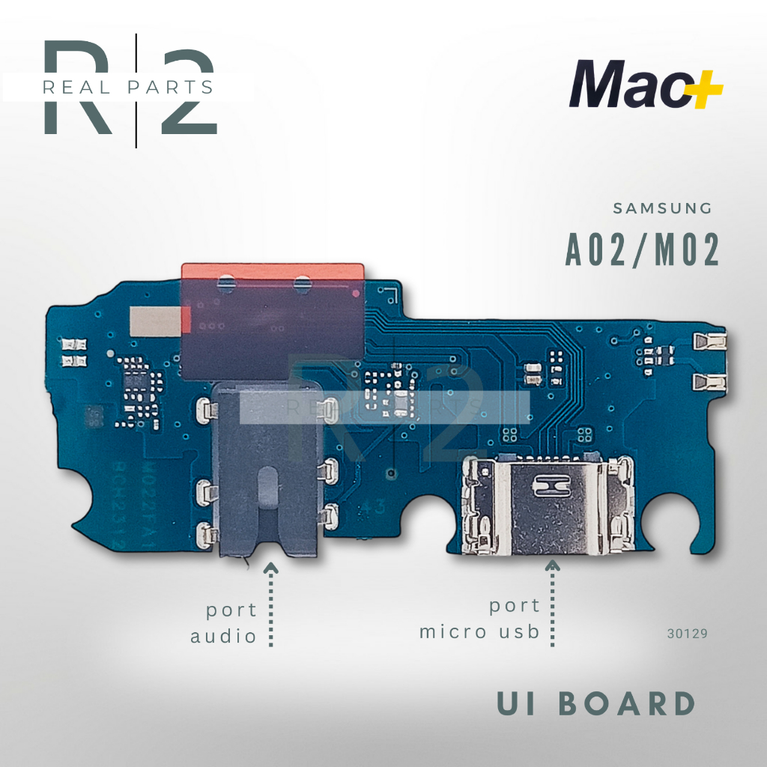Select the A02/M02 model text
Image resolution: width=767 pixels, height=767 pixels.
(642, 250)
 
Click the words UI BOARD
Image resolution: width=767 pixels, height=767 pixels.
(596, 705)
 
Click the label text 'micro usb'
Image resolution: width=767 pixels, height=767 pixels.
(479, 631)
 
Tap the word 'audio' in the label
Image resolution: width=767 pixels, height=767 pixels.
(223, 637)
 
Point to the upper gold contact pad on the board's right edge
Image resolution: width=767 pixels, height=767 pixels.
(709, 342)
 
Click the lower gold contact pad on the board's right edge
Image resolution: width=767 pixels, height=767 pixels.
(709, 383)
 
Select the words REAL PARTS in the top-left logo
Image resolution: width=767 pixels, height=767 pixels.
(128, 87)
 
